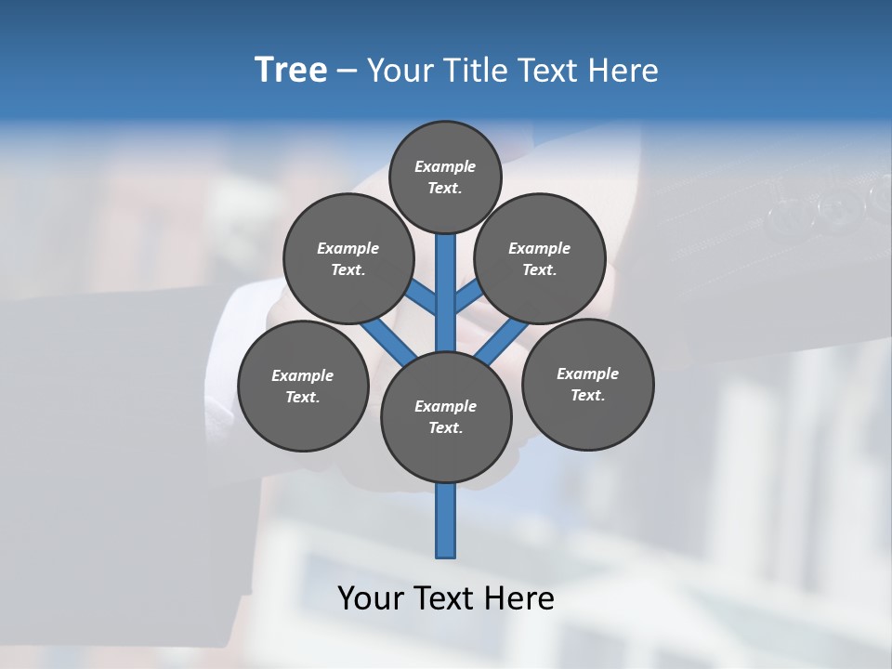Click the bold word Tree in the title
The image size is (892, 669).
(x=291, y=71)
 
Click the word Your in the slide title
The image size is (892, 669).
(x=400, y=71)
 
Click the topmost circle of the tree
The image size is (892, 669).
(x=446, y=177)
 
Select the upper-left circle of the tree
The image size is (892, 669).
(x=348, y=259)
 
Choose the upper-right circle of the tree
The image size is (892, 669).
(x=539, y=259)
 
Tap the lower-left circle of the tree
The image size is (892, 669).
(x=303, y=387)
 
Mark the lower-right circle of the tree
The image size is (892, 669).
(x=587, y=385)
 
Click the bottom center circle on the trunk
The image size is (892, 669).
(x=446, y=417)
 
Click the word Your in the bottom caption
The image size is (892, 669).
(x=371, y=598)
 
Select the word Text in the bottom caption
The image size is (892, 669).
(x=445, y=598)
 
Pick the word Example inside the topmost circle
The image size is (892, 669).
(x=445, y=167)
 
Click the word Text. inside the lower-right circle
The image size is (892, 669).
(x=587, y=396)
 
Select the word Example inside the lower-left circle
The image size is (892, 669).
(x=303, y=376)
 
